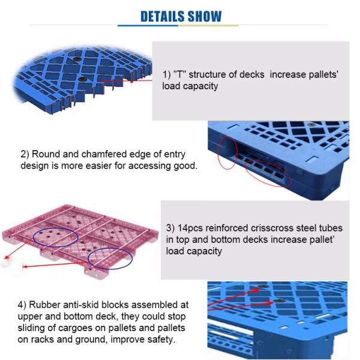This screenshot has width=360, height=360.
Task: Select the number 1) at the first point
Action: [167, 74]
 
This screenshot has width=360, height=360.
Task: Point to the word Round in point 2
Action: [45, 154]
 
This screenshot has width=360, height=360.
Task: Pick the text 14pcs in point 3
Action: [191, 229]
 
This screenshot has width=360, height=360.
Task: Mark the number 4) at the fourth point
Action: [25, 304]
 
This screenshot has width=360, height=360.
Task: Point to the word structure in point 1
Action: [208, 74]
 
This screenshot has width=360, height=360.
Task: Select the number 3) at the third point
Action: [170, 229]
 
